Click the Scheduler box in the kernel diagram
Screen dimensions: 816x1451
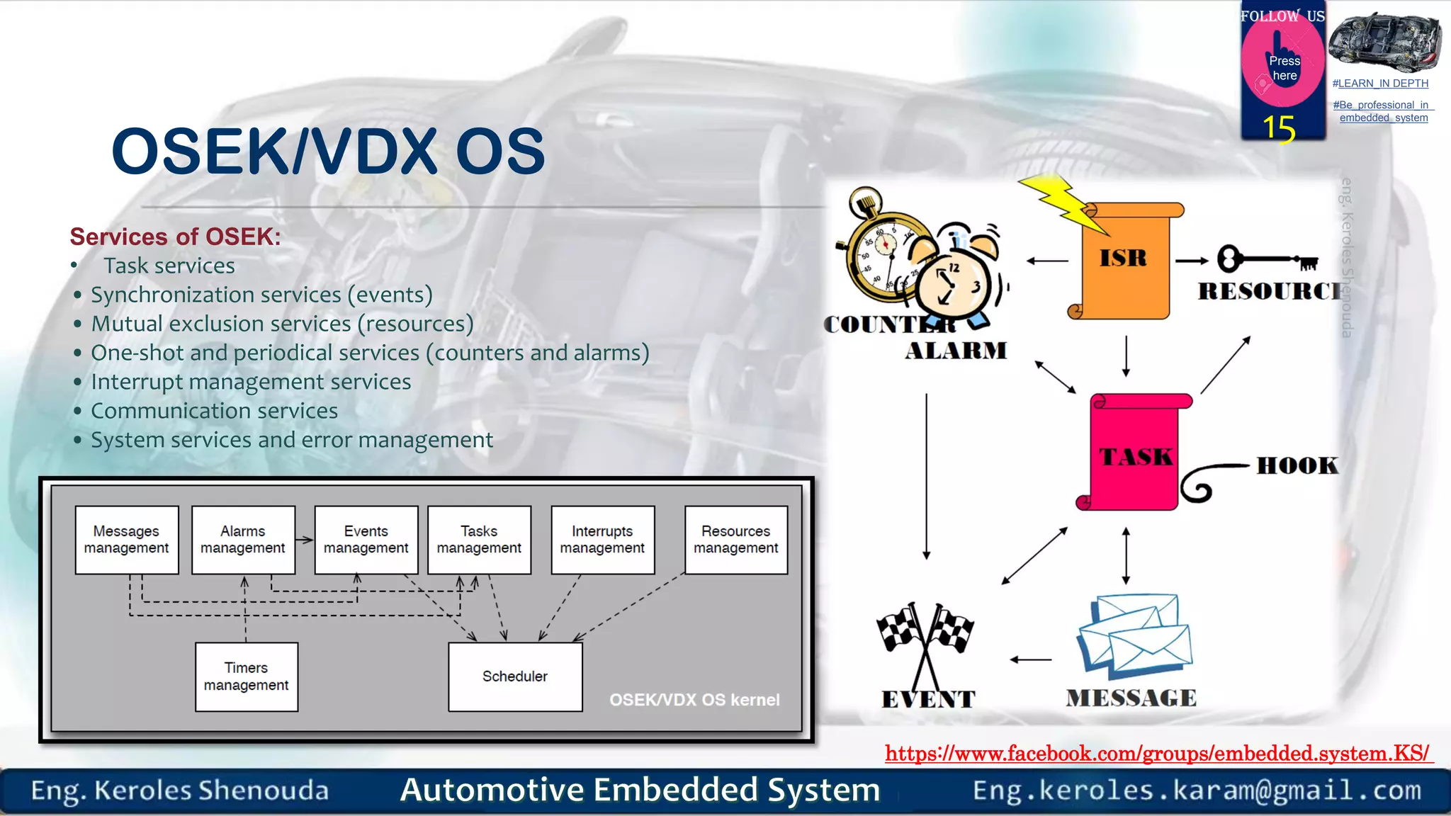pyautogui.click(x=515, y=676)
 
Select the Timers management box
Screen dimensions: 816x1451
pyautogui.click(x=246, y=676)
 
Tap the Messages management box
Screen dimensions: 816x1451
pyautogui.click(x=126, y=540)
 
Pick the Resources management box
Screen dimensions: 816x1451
pyautogui.click(x=735, y=540)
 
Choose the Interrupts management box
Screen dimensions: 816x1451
pyautogui.click(x=602, y=540)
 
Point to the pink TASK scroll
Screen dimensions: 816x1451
pyautogui.click(x=1134, y=453)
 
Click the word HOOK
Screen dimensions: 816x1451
pyautogui.click(x=1297, y=465)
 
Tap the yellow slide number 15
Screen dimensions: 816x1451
pyautogui.click(x=1279, y=129)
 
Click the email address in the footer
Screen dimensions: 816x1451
pyautogui.click(x=1197, y=790)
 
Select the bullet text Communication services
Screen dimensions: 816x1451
pyautogui.click(x=214, y=411)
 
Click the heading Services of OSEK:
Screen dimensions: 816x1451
pyautogui.click(x=175, y=237)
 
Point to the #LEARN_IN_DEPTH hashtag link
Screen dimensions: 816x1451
pyautogui.click(x=1380, y=84)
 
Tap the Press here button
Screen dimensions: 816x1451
pyautogui.click(x=1284, y=68)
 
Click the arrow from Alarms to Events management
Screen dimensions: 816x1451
pyautogui.click(x=305, y=540)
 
